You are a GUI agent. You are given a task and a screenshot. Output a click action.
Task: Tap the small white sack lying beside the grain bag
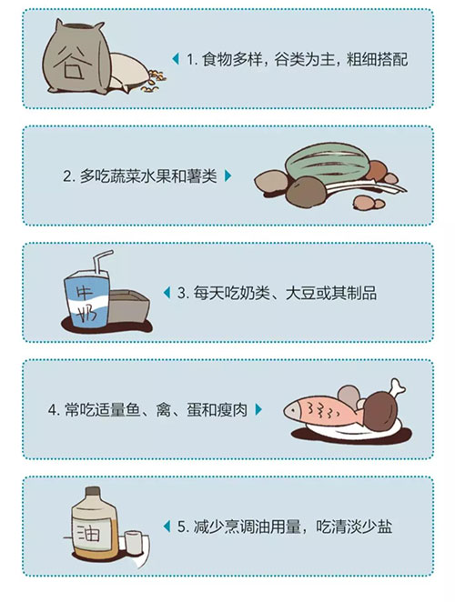(128, 72)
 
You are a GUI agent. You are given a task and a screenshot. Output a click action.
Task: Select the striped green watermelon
(327, 163)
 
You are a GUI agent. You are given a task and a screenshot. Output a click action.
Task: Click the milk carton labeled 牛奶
(86, 298)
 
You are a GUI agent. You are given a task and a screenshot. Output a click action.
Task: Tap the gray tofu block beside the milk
(128, 306)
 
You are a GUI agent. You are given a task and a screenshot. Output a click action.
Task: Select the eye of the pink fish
(294, 410)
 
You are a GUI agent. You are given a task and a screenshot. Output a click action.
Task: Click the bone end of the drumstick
(398, 386)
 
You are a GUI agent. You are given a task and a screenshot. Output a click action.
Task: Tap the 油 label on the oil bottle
(88, 534)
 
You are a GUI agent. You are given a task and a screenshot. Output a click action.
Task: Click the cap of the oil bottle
(93, 492)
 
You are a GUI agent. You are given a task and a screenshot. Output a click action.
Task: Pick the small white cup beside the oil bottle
(134, 542)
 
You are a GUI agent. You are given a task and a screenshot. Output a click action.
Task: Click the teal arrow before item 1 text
(176, 59)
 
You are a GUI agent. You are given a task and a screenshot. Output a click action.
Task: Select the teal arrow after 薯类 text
(227, 176)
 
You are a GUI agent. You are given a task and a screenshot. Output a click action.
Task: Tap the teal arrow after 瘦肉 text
(258, 409)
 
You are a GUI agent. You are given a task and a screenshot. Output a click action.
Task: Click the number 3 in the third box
(181, 294)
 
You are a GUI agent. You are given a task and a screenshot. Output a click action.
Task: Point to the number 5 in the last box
(181, 527)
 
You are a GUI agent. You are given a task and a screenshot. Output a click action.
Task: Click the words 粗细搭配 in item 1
(377, 59)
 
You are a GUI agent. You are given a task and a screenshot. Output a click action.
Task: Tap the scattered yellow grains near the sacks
(155, 81)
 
